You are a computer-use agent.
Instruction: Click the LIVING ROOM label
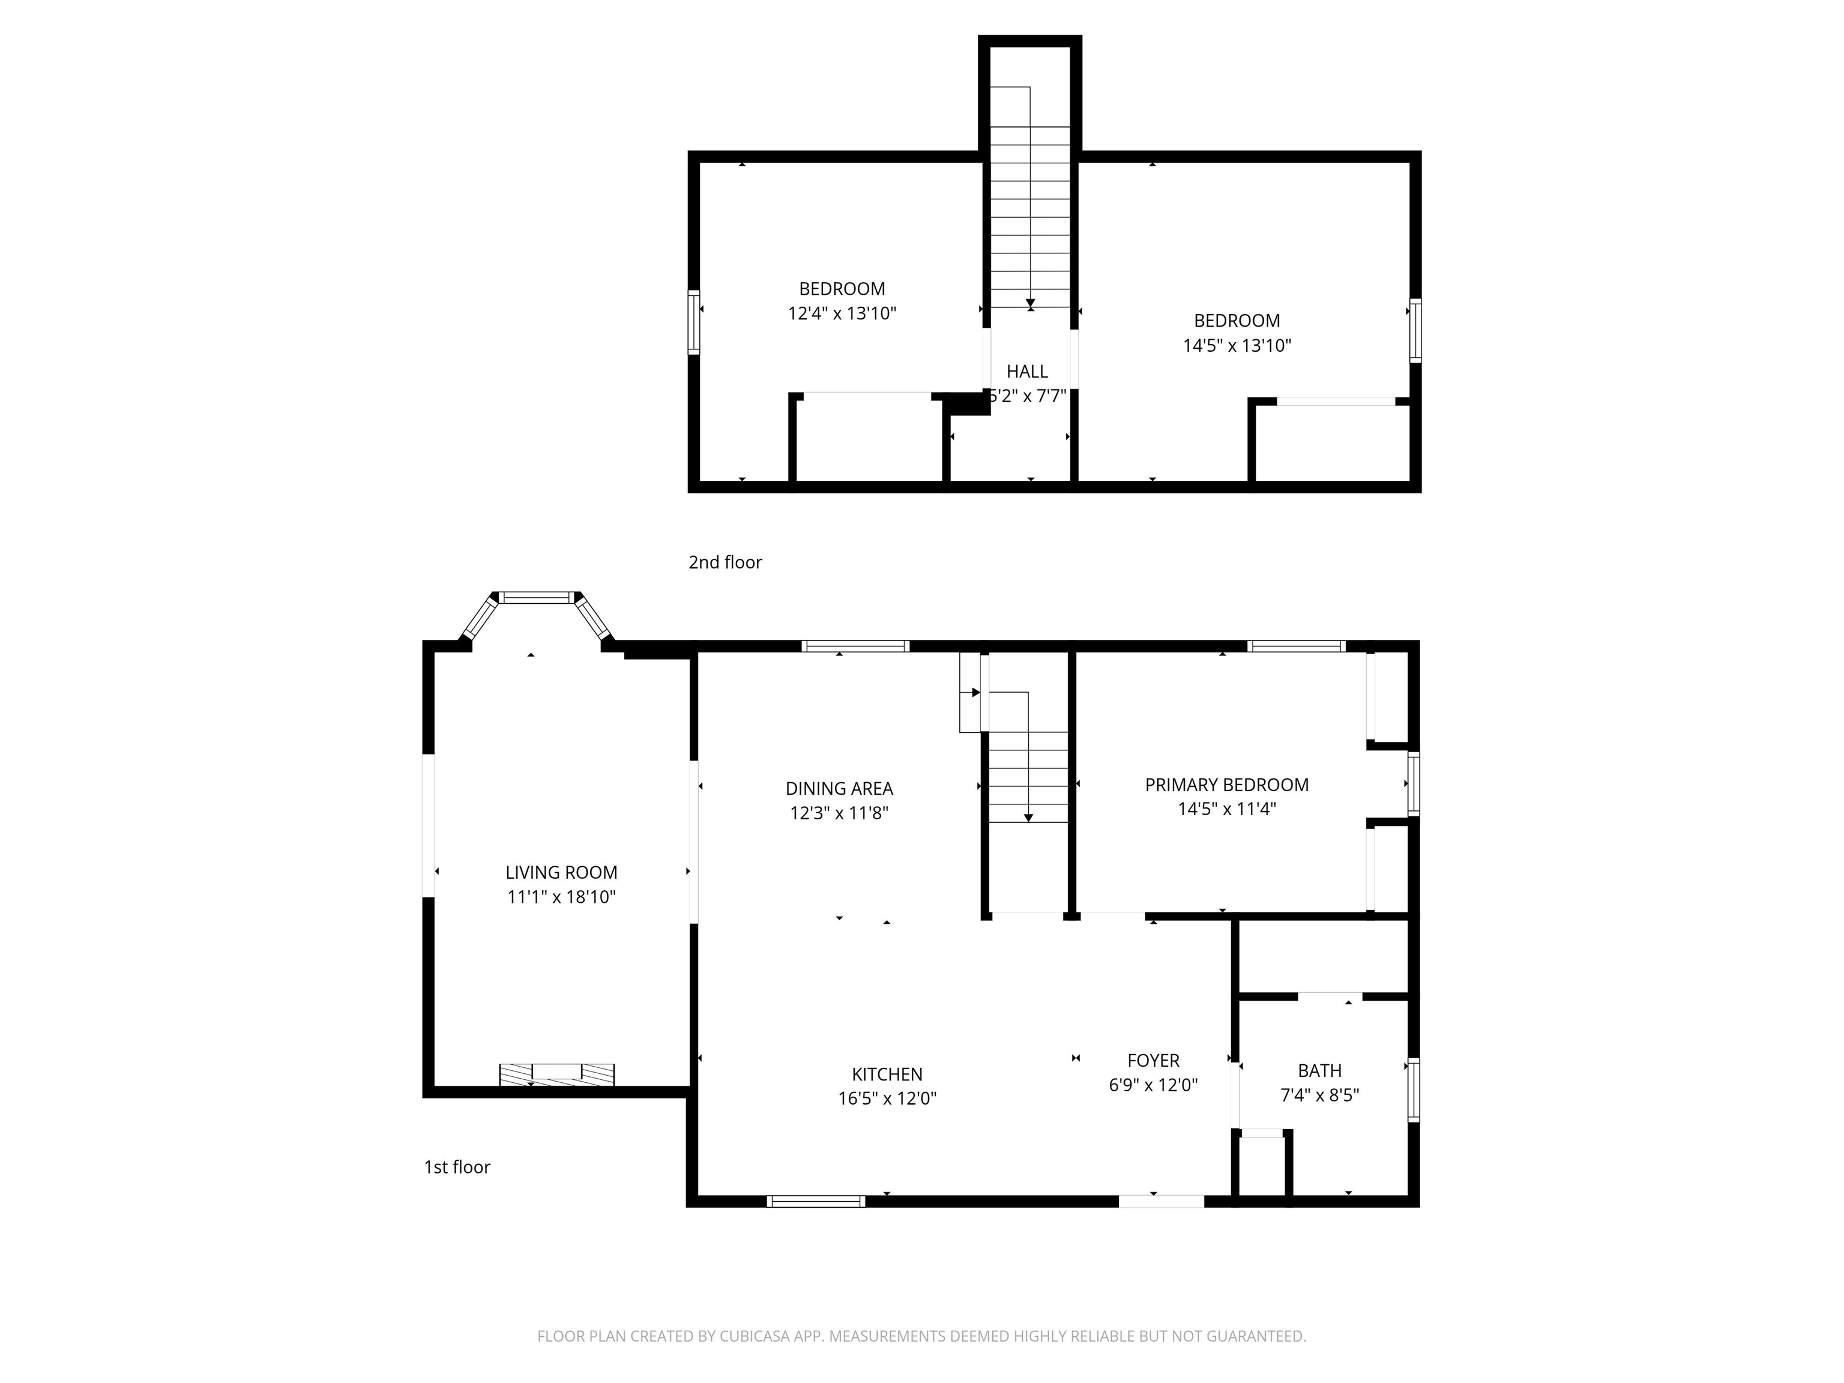point(561,872)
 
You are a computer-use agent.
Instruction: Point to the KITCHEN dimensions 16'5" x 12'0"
point(887,1098)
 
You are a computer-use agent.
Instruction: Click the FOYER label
point(1153,1061)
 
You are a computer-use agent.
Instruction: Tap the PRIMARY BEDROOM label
point(1226,785)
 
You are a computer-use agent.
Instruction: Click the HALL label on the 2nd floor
point(1027,371)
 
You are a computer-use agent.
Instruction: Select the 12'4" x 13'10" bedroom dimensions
point(842,313)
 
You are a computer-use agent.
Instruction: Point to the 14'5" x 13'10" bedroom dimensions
point(1237,345)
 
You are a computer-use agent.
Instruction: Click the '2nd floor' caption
point(725,562)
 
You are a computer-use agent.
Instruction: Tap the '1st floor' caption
point(457,1166)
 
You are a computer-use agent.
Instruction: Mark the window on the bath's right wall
point(1413,1089)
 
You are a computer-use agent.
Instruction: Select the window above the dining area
point(855,645)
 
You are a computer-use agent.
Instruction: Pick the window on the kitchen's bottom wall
point(816,1201)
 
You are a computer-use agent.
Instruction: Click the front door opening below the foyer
point(1162,1201)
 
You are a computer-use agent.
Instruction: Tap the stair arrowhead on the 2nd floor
point(1031,304)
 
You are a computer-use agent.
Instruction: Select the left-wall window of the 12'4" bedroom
point(693,322)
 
